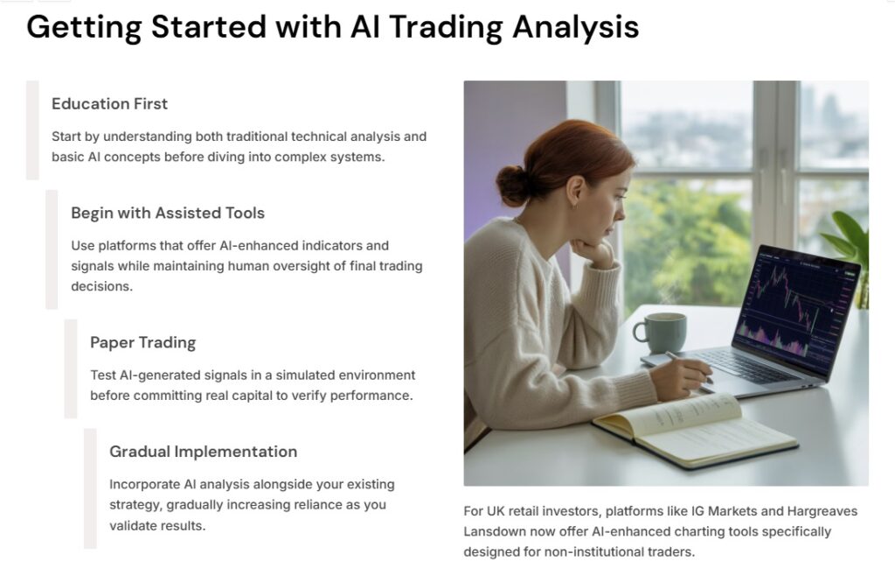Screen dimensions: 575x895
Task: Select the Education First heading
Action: pyautogui.click(x=109, y=103)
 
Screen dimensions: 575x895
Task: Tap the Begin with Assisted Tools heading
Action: pyautogui.click(x=168, y=213)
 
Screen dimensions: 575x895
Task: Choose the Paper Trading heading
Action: pyautogui.click(x=142, y=342)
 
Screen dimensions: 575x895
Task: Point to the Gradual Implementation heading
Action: pyautogui.click(x=203, y=452)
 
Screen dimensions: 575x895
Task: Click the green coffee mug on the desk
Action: pyautogui.click(x=661, y=333)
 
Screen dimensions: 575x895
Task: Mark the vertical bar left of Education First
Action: pyautogui.click(x=32, y=130)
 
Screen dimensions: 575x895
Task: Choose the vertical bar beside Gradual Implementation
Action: pyautogui.click(x=90, y=488)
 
